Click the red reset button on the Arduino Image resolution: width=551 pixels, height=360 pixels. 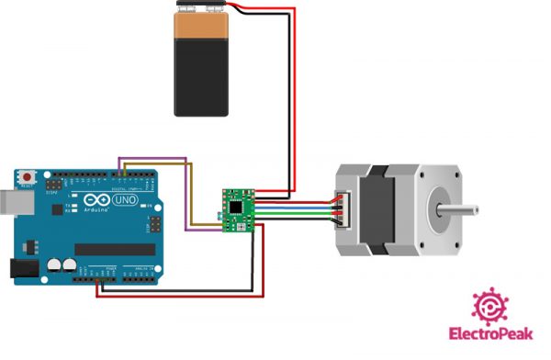point(29,174)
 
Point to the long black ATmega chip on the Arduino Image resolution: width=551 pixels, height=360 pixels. point(114,249)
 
